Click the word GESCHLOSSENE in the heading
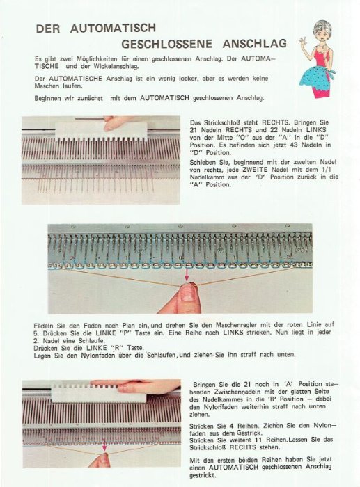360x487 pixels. coord(166,44)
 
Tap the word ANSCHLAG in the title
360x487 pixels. coord(255,43)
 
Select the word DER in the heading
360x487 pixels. coord(48,29)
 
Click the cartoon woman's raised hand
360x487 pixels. coord(303,41)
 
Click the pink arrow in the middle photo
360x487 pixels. coord(187,274)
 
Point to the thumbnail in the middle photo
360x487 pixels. coord(188,294)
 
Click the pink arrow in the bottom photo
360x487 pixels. coord(104,445)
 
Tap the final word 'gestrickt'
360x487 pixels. coord(203,475)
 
